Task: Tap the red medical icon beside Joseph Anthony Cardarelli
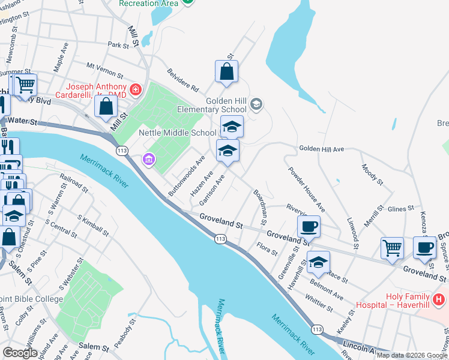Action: coord(136,90)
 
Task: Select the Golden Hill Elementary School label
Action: coord(211,105)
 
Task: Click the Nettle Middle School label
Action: coord(177,133)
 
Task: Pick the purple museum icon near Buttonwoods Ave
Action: coord(148,159)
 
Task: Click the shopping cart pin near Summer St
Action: coord(25,86)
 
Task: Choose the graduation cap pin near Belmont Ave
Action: coord(319,262)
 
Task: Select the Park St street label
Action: coord(118,45)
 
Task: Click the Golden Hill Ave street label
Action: coord(321,148)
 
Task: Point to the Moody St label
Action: coord(372,174)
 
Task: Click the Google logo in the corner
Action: coord(20,353)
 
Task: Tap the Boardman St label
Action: coord(262,206)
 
